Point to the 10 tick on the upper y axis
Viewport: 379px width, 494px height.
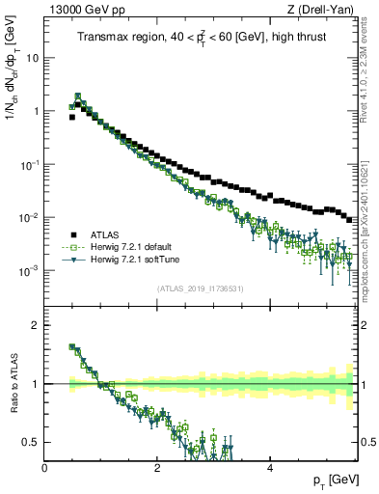(32, 57)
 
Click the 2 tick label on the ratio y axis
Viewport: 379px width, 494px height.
(36, 325)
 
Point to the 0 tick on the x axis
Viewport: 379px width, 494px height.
(44, 467)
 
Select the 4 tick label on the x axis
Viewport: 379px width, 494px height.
(269, 467)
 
